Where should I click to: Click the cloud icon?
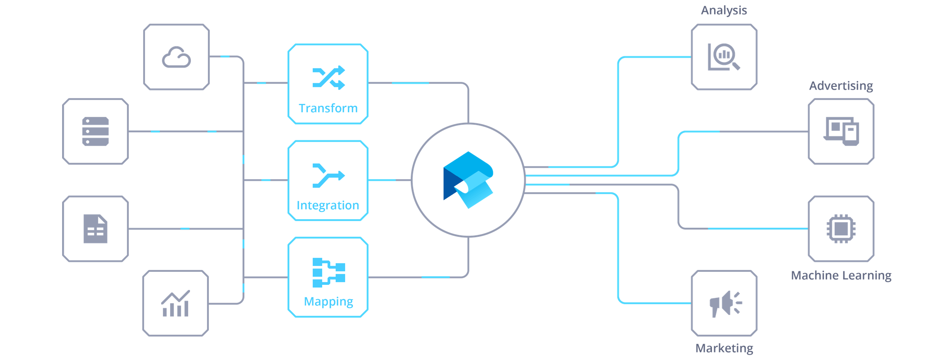[176, 57]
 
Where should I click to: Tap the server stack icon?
[95, 131]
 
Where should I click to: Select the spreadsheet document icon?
[95, 229]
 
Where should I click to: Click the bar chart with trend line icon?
[175, 304]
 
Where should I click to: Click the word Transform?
[328, 108]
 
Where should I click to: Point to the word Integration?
[328, 205]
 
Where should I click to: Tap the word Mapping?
[328, 301]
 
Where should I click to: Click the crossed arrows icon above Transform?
[328, 77]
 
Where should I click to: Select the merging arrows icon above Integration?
[328, 175]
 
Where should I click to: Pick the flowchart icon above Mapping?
[328, 272]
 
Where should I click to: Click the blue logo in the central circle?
[468, 180]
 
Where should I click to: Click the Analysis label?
[724, 10]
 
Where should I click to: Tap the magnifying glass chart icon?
[724, 57]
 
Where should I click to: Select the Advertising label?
[841, 85]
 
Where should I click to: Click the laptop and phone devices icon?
[841, 131]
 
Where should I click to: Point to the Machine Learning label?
[841, 275]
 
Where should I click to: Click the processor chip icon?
[841, 229]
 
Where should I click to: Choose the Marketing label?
[724, 348]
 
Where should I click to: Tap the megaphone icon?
[724, 304]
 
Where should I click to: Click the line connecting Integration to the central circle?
[390, 180]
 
